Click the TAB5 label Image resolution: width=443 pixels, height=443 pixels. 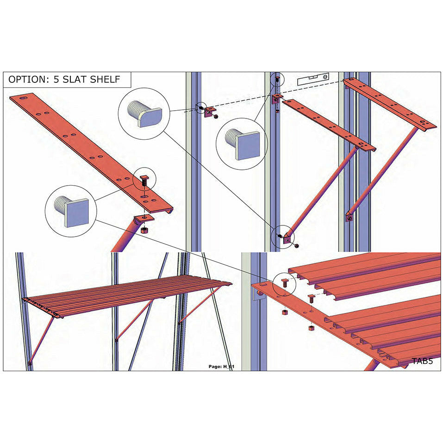click(x=422, y=361)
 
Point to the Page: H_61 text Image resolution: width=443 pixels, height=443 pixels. click(x=221, y=367)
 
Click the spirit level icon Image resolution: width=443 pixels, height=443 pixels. click(x=313, y=80)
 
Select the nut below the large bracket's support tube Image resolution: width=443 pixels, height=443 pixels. click(x=144, y=230)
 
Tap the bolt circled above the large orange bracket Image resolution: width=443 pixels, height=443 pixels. click(x=144, y=180)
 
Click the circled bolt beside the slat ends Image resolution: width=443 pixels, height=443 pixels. click(x=285, y=282)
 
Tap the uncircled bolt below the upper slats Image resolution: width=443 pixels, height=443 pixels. click(x=311, y=299)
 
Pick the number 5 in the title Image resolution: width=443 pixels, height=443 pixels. click(x=56, y=80)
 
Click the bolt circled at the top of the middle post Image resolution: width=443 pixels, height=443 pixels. click(x=277, y=80)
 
